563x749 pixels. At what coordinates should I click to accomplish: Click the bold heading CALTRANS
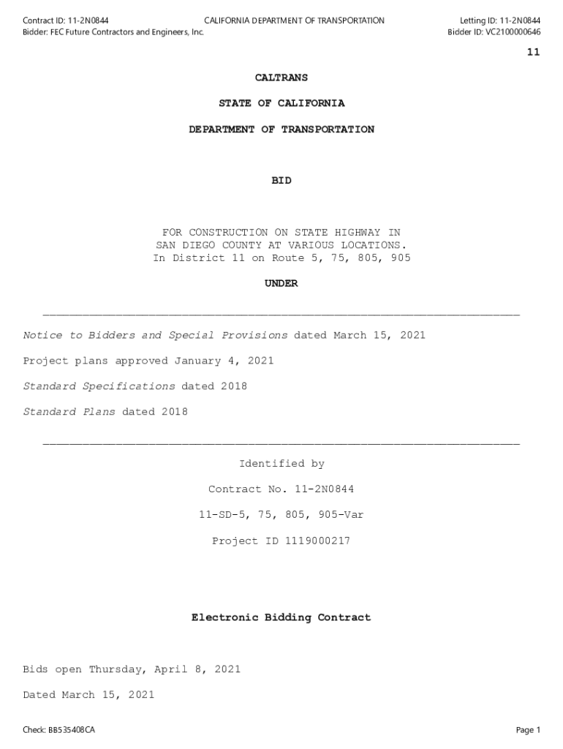tap(281, 78)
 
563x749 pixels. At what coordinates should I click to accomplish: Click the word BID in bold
tap(281, 181)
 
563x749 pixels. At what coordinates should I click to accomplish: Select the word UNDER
tap(281, 284)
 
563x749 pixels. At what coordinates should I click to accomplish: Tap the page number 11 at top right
tap(533, 52)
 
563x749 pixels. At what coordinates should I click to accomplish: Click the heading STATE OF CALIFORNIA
tap(281, 103)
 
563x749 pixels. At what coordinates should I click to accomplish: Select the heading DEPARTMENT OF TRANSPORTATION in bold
tap(281, 129)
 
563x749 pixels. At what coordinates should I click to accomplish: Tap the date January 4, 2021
tap(224, 361)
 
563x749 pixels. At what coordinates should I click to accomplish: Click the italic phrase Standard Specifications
tap(99, 386)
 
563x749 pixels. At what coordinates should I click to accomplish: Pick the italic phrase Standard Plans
tap(69, 412)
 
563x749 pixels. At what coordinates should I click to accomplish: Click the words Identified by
tap(281, 464)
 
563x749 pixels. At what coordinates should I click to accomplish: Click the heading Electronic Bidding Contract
tap(281, 618)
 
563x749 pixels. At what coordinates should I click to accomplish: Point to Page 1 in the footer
tap(528, 730)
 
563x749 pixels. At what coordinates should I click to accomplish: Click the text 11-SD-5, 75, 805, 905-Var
tap(281, 515)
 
